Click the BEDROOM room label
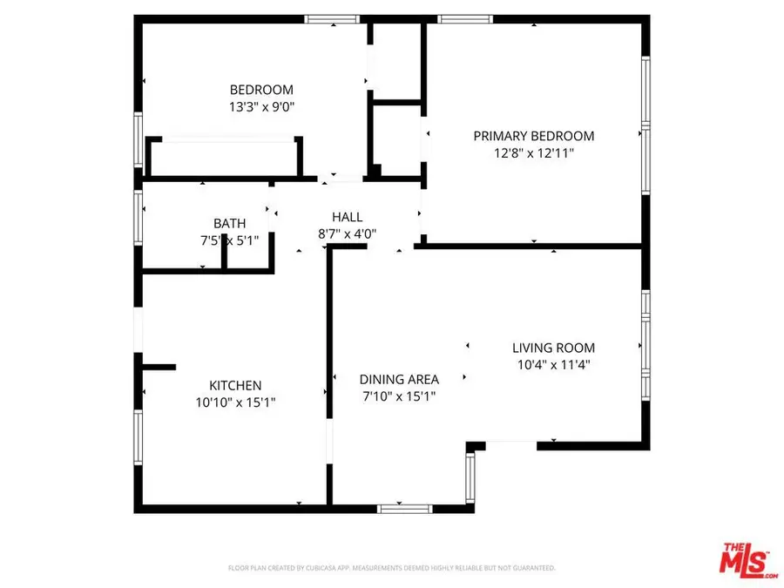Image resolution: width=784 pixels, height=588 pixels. click(261, 90)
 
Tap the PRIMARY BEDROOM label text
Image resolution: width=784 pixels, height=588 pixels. click(533, 136)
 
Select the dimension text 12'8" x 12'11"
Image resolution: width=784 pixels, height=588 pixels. click(533, 152)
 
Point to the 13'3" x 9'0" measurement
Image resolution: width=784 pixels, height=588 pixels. click(261, 106)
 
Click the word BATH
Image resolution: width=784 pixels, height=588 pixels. click(230, 223)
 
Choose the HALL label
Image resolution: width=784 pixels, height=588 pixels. click(347, 217)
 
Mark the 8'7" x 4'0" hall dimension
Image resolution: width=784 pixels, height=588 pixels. click(347, 233)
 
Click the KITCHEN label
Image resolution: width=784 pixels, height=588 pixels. click(235, 385)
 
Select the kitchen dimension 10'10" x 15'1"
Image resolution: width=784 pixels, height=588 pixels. click(235, 402)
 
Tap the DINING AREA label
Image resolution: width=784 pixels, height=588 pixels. click(399, 379)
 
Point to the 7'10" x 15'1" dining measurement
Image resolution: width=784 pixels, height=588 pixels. click(399, 395)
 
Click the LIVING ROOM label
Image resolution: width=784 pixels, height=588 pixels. click(553, 347)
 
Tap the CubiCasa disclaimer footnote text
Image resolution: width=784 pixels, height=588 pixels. click(392, 568)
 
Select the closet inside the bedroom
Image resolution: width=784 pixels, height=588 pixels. click(225, 159)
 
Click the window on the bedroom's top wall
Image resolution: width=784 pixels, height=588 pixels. click(332, 18)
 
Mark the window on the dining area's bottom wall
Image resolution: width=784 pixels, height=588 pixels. click(404, 508)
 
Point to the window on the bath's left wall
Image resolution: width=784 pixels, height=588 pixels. click(138, 214)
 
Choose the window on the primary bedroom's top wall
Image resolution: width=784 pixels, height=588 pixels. click(464, 18)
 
